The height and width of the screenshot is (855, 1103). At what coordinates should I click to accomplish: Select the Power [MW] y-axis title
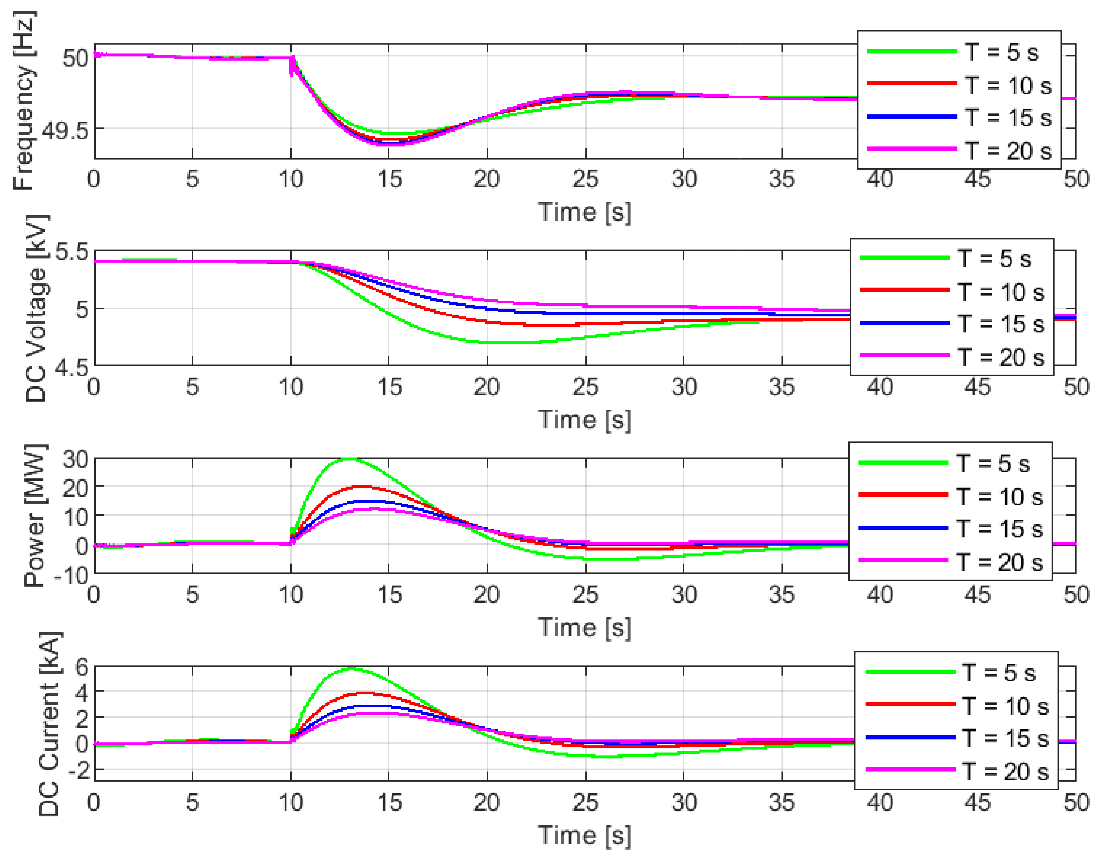34,516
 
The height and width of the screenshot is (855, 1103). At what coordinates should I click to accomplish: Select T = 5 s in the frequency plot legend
1001,52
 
